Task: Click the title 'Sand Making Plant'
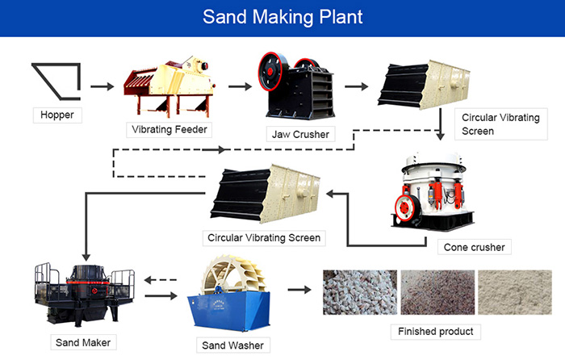click(282, 17)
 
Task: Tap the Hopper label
click(57, 115)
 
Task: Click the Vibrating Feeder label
click(169, 128)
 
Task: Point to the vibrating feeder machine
click(169, 84)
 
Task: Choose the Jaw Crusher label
click(299, 134)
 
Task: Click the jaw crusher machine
click(295, 84)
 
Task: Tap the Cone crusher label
click(474, 246)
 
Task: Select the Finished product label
click(435, 331)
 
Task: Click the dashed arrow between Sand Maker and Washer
click(161, 278)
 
